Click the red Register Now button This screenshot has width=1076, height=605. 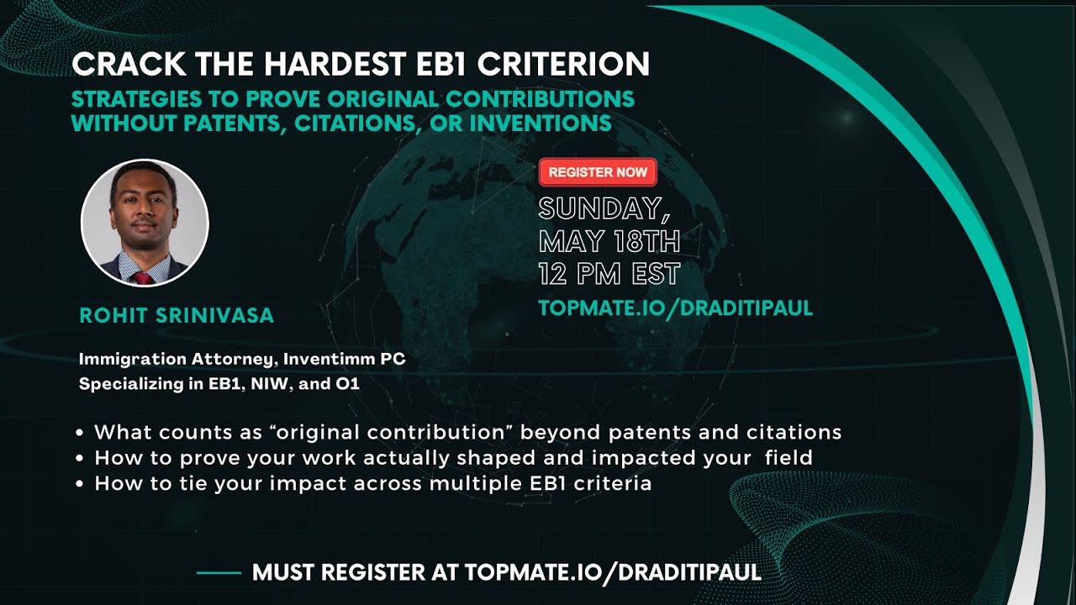598,172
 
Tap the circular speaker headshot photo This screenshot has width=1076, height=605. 145,224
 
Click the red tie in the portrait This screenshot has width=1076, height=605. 144,276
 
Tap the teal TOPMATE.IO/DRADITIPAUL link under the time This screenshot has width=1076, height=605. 676,308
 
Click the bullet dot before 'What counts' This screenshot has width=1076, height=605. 80,434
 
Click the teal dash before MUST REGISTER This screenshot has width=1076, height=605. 219,574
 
